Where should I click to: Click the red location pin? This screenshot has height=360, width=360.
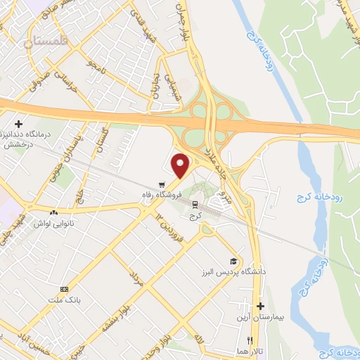tap(181, 166)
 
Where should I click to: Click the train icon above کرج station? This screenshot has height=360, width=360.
tap(195, 204)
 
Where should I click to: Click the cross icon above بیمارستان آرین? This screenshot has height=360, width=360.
tap(260, 307)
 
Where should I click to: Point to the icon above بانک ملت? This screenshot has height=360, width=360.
tap(65, 290)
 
